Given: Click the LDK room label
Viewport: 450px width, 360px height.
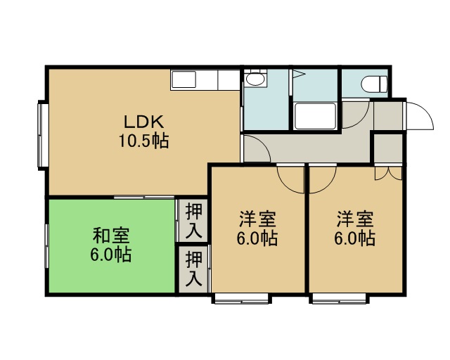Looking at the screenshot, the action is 143,122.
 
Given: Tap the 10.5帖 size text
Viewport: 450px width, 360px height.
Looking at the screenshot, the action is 143,141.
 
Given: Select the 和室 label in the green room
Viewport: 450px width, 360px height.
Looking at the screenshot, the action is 111,236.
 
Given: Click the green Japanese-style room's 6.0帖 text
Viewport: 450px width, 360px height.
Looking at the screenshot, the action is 111,255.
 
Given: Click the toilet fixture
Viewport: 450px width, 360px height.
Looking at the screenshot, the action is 374,84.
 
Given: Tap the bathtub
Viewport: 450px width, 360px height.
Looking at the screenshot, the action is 316,116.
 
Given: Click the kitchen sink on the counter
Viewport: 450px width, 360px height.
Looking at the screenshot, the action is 184,79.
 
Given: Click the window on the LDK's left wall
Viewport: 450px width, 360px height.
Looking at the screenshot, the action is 42,135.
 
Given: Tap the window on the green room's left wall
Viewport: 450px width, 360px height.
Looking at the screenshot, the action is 46,246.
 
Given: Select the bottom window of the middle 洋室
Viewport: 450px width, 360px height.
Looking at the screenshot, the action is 242,299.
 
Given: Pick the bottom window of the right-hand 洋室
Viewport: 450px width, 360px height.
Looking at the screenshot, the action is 339,299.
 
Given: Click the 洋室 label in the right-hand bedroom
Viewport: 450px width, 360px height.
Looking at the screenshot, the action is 355,219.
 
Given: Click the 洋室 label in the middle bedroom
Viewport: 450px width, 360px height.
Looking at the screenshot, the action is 257,219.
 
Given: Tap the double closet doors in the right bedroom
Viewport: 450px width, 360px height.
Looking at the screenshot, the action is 388,172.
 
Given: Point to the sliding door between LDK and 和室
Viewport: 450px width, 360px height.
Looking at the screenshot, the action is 144,197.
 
